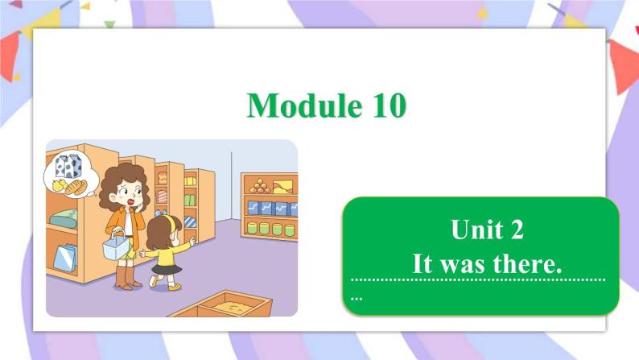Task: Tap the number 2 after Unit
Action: click(x=517, y=231)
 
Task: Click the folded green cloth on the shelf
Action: click(x=64, y=218)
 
